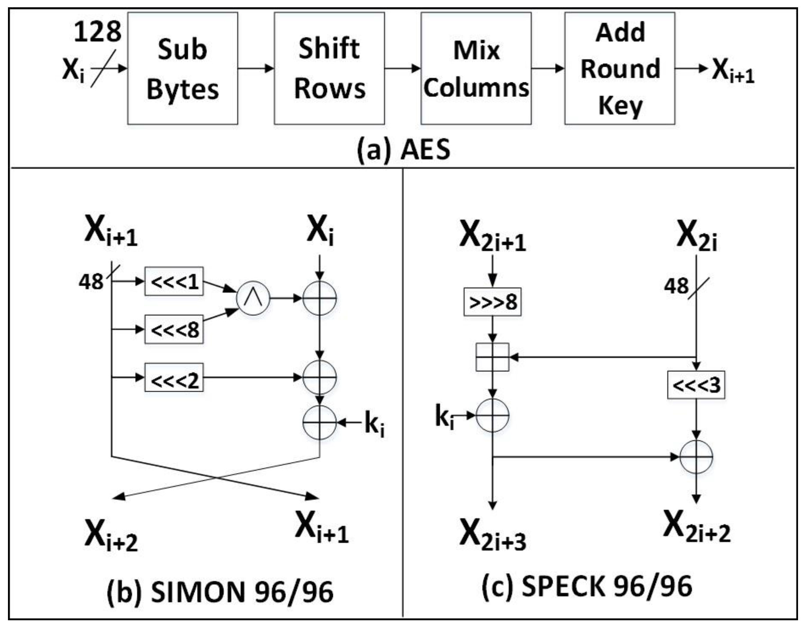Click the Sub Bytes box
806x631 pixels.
pos(182,68)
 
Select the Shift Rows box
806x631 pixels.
pos(329,68)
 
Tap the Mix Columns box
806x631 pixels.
pos(476,68)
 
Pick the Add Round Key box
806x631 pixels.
pos(620,68)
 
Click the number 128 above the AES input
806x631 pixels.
pos(98,32)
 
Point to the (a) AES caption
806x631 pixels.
pos(403,150)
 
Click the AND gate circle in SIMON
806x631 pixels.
pos(253,298)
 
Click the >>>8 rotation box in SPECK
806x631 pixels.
pos(492,302)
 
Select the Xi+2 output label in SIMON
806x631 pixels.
pos(111,535)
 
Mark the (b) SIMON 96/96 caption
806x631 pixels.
pos(220,592)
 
